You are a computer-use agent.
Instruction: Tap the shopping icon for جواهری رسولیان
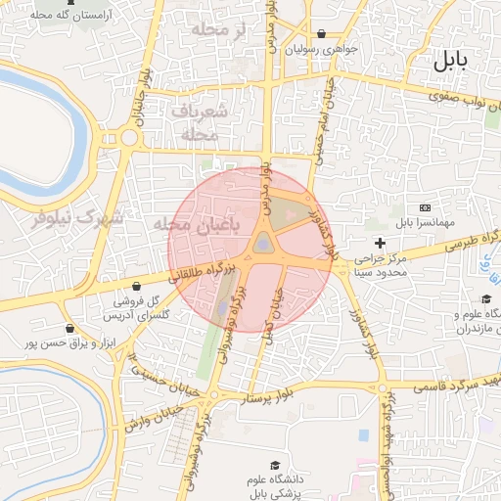(322, 33)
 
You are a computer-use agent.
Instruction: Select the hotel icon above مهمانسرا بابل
(424, 208)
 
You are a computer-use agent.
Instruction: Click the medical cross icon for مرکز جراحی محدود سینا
(380, 242)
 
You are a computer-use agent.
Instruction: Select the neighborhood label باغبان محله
(196, 224)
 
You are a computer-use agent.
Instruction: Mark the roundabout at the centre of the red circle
(263, 245)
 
